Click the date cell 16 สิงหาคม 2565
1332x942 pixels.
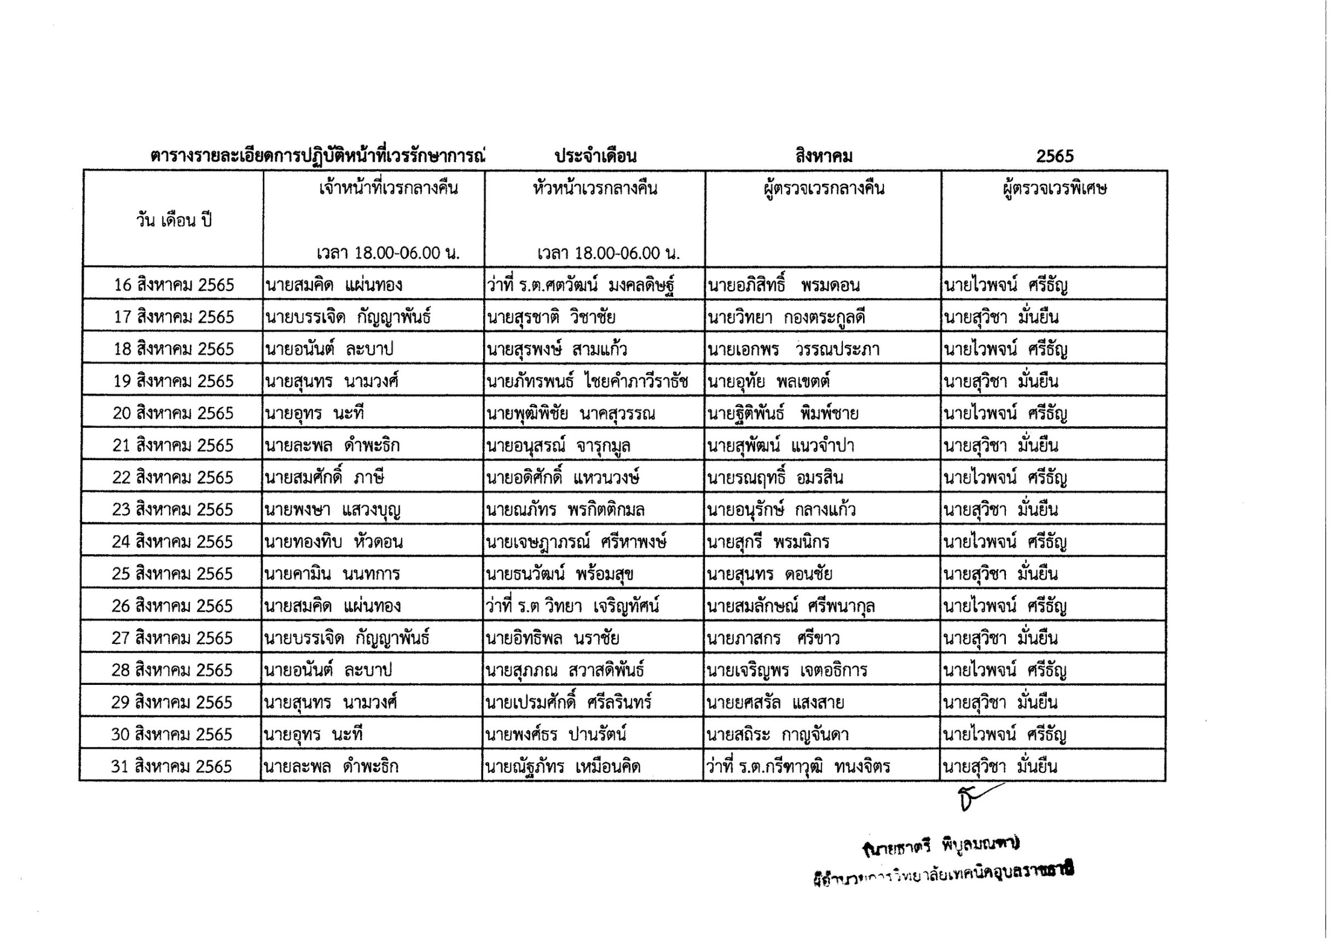173,285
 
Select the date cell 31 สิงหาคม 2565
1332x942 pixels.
171,766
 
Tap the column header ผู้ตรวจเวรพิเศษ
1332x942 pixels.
1054,189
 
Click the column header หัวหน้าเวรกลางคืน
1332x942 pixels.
595,189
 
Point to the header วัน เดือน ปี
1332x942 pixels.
174,220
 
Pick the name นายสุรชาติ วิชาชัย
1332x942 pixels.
551,317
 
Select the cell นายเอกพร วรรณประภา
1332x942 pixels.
793,349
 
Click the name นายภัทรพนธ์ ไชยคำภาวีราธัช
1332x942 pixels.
587,381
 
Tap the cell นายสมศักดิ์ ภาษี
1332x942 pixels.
325,478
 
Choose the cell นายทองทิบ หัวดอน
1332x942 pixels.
334,542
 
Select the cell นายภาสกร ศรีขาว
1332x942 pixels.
773,638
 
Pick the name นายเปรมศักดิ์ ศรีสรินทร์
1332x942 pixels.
569,702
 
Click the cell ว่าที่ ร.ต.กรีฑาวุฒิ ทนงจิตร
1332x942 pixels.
798,766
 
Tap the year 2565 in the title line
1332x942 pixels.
1055,156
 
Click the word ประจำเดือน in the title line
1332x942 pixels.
595,156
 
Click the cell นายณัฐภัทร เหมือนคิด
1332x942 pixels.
563,766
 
